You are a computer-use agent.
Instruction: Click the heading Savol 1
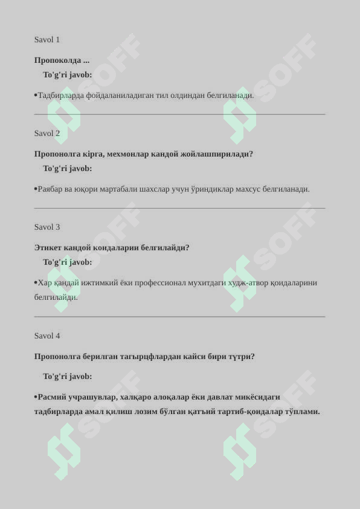point(47,40)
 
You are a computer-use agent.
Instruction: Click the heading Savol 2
point(47,134)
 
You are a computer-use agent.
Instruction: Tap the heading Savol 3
point(47,227)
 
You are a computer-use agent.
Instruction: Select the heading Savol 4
point(47,336)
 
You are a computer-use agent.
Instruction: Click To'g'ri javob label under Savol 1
point(68,75)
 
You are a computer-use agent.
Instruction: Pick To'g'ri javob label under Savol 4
point(68,377)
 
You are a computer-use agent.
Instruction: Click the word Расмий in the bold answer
point(52,397)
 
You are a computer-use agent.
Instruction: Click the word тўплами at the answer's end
point(298,412)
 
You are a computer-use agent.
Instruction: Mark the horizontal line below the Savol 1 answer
point(179,114)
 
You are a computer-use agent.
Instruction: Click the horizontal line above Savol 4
point(179,317)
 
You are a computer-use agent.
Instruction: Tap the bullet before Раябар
point(36,189)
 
